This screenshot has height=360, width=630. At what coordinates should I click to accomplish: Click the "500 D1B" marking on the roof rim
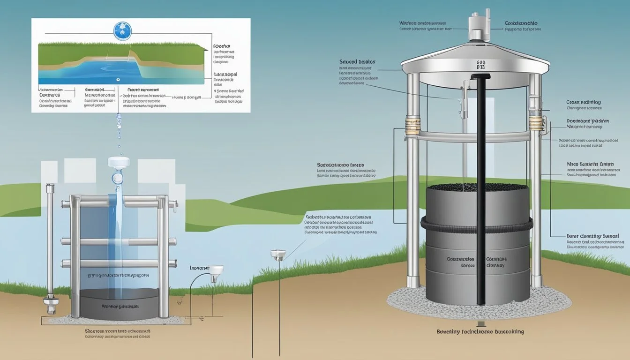pyautogui.click(x=480, y=64)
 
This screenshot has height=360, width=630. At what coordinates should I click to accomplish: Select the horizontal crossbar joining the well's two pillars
pyautogui.click(x=473, y=136)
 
